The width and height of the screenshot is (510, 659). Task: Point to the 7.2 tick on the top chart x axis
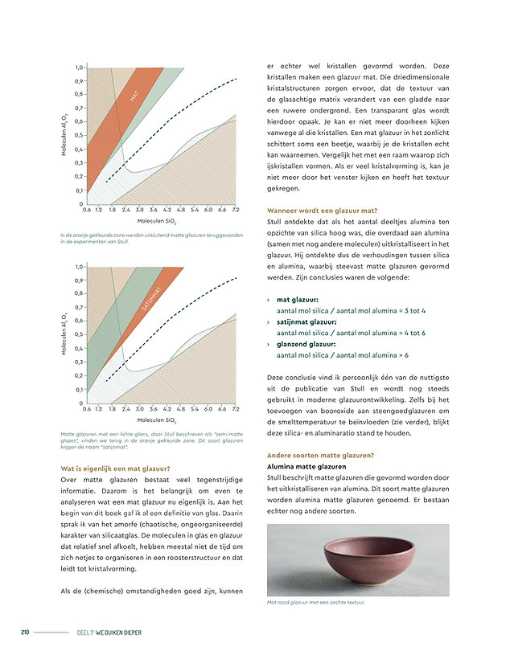coord(235,210)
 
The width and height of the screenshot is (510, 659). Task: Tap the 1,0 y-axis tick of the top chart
coord(79,68)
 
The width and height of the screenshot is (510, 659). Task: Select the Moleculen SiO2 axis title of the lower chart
coord(156,420)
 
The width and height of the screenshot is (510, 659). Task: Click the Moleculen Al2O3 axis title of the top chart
coord(64,136)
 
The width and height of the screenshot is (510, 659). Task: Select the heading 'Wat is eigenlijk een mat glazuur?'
coord(116,469)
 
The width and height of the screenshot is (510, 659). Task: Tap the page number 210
coord(26,632)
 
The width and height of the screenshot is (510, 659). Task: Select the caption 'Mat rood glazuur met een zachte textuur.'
coord(316,602)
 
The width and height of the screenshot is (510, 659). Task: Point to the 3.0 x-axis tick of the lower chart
coord(139,409)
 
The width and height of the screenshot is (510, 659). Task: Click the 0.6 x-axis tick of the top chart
coord(86,210)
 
